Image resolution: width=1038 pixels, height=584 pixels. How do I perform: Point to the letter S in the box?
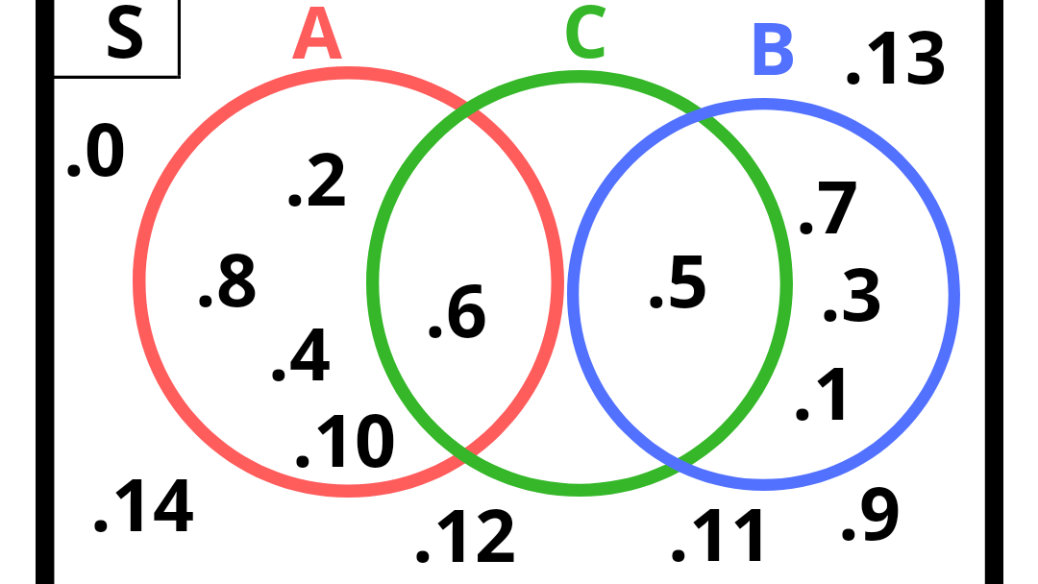[x=124, y=36]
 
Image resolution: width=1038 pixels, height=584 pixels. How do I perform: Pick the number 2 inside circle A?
[x=326, y=183]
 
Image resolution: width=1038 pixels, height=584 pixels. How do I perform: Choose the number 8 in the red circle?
[x=235, y=282]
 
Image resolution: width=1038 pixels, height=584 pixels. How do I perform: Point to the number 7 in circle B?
[x=836, y=210]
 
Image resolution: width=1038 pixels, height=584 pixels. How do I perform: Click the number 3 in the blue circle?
[x=861, y=297]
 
